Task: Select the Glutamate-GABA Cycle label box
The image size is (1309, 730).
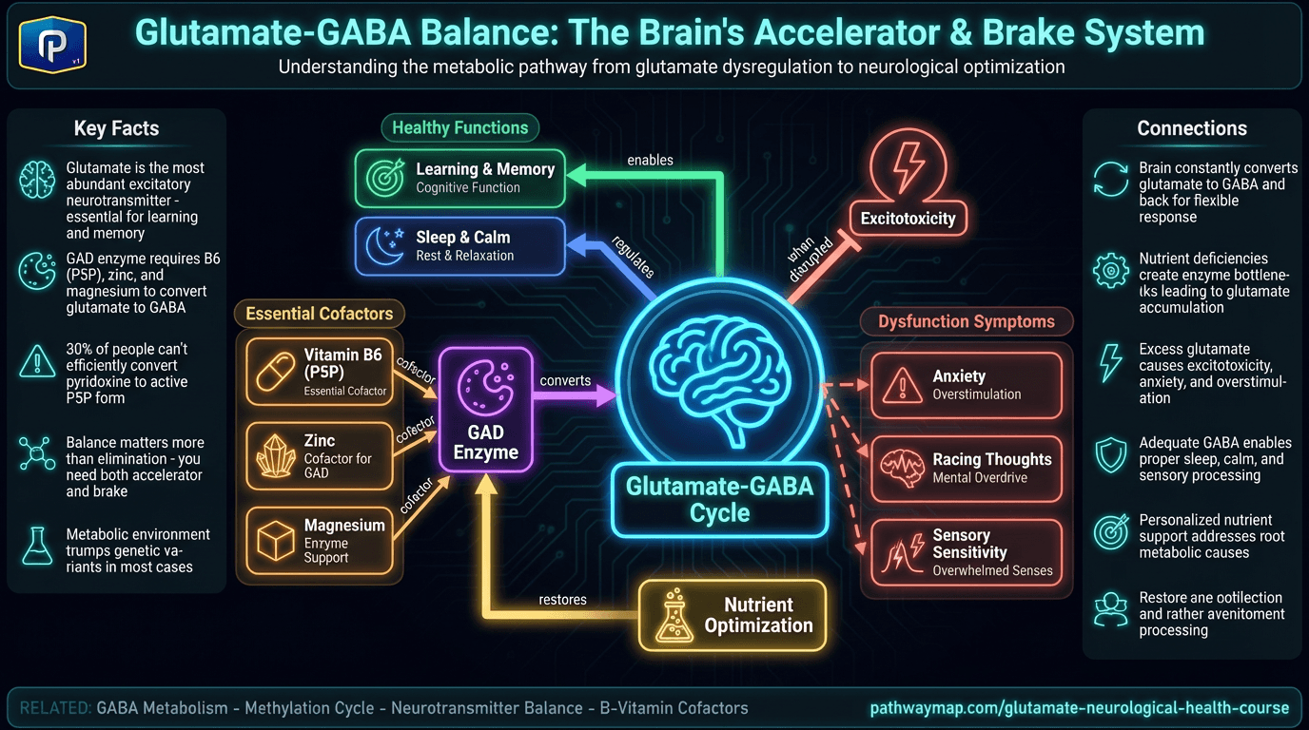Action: pyautogui.click(x=719, y=500)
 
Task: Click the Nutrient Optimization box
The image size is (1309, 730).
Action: pyautogui.click(x=732, y=615)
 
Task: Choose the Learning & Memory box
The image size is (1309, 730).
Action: pyautogui.click(x=460, y=178)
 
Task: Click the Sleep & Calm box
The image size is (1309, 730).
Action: pyautogui.click(x=460, y=245)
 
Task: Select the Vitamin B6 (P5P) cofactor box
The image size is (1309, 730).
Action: pyautogui.click(x=319, y=371)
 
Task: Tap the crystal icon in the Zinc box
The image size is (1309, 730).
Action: pyautogui.click(x=276, y=456)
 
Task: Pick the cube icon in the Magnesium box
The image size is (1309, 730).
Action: pyautogui.click(x=276, y=541)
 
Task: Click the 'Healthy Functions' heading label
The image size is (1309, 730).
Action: pyautogui.click(x=460, y=127)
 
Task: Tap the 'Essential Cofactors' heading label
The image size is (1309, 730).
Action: pyautogui.click(x=319, y=314)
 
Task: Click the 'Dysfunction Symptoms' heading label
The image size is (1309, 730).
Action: pyautogui.click(x=966, y=321)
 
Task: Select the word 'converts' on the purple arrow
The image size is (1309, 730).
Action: pyautogui.click(x=565, y=380)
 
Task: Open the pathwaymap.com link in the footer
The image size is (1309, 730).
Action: pyautogui.click(x=1079, y=708)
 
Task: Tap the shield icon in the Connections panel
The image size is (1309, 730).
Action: pyautogui.click(x=1110, y=455)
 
